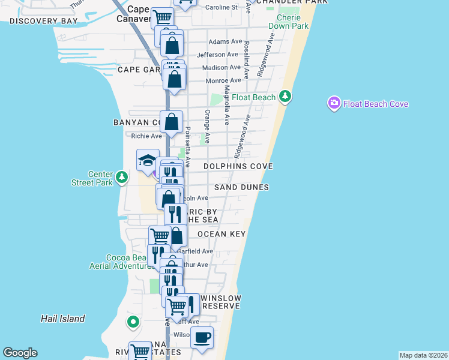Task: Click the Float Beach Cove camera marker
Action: tap(334, 104)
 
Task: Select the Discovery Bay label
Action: tap(44, 21)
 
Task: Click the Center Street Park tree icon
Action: tap(122, 177)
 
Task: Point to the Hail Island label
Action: tap(63, 319)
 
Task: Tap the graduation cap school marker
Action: tap(148, 160)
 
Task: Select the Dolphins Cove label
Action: tap(238, 166)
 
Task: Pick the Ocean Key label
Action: tap(221, 234)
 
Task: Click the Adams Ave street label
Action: tap(225, 42)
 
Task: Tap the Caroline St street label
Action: tap(222, 7)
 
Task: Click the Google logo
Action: tap(20, 353)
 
